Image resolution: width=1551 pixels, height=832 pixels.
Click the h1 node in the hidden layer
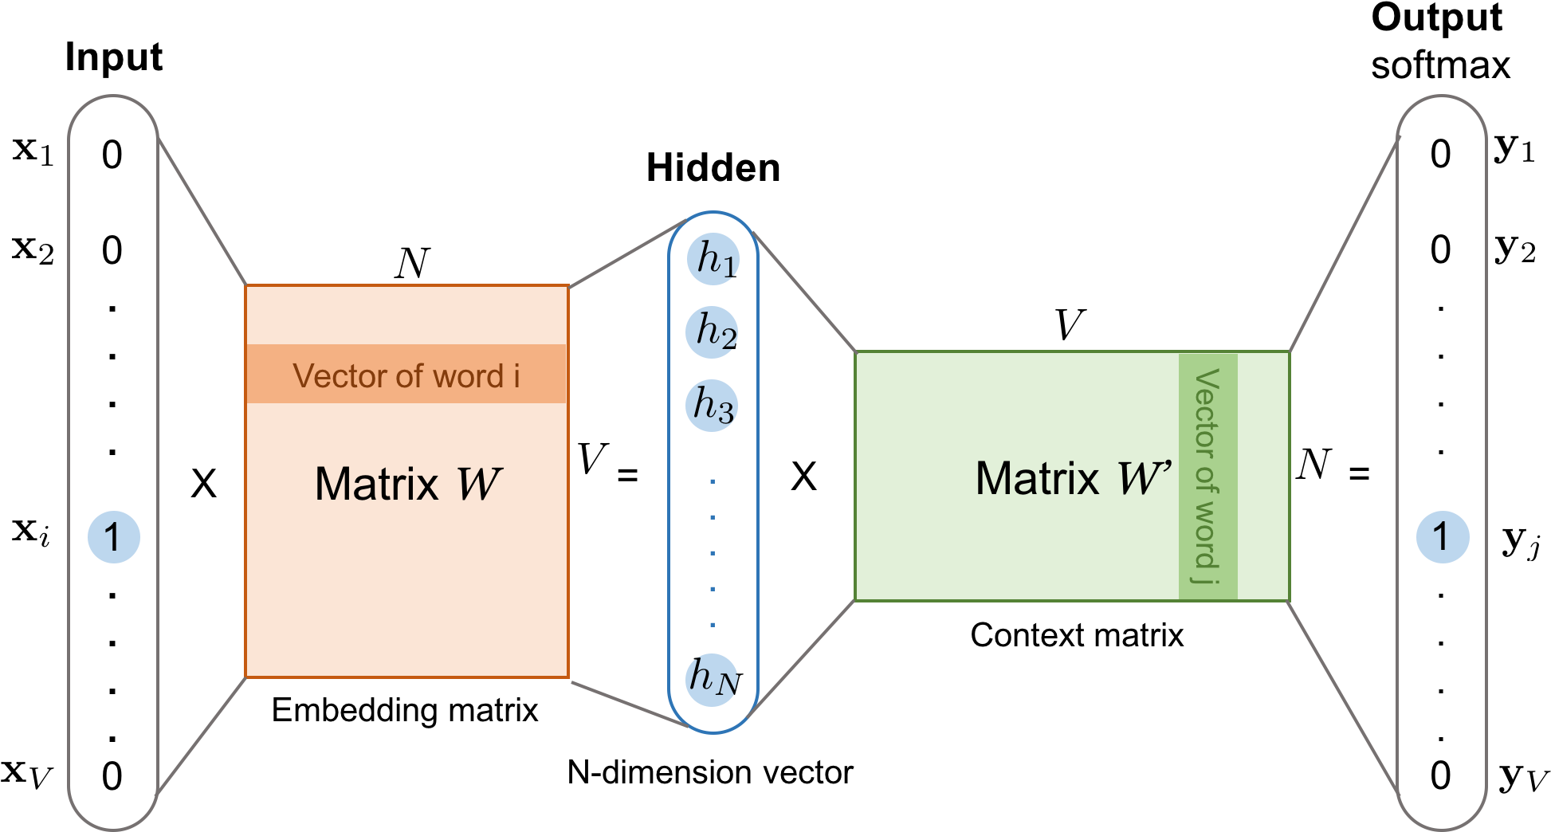713,259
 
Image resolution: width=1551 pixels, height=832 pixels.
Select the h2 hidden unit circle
712,332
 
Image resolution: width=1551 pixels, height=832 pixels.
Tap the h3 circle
712,405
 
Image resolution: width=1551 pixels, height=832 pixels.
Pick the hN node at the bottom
712,679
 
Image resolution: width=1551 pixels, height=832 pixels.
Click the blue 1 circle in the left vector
114,537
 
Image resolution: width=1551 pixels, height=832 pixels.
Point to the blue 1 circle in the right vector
1443,537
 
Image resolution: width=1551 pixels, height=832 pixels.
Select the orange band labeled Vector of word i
406,375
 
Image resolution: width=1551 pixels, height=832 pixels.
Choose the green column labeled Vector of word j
1208,477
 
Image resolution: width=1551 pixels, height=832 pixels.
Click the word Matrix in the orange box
377,484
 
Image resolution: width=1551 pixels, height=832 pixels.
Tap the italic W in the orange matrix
478,484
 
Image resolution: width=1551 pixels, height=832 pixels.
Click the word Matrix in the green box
1038,478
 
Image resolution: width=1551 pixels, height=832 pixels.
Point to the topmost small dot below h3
713,481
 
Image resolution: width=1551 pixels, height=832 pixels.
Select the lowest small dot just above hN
713,625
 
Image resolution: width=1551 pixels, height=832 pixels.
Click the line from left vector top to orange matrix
202,211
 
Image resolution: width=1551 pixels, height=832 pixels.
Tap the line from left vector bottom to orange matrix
202,736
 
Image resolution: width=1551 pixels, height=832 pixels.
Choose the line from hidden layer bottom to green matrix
803,653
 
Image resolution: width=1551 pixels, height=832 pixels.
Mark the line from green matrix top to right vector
1345,243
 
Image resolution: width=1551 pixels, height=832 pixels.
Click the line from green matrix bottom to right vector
1345,697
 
